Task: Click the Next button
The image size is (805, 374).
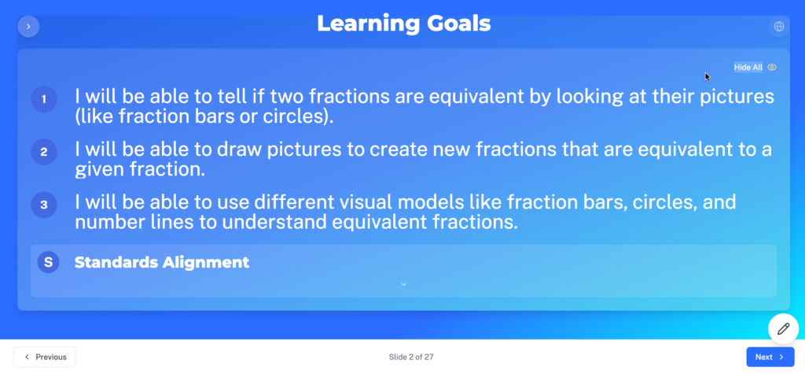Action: click(770, 357)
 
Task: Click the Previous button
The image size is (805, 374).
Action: click(45, 357)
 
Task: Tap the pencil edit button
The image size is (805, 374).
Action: click(784, 329)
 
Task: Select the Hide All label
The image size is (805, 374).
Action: click(748, 68)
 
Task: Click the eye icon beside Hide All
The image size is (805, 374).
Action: click(772, 68)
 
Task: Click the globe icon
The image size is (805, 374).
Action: click(779, 26)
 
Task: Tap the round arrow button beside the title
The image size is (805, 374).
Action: click(29, 26)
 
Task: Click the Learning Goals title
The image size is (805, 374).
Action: click(403, 24)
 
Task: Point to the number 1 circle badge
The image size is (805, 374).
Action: click(44, 99)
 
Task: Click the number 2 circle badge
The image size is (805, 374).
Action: click(44, 152)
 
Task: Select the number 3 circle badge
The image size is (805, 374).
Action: click(44, 205)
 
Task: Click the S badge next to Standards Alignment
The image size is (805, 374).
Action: click(48, 262)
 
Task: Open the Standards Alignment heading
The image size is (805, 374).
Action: click(162, 262)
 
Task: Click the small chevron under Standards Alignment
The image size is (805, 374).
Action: click(403, 284)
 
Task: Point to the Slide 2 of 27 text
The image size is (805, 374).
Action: click(411, 357)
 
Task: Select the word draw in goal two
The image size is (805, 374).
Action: click(233, 149)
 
